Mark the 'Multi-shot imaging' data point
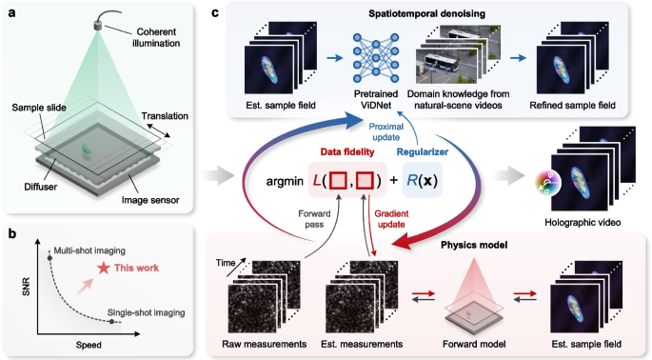49,255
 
